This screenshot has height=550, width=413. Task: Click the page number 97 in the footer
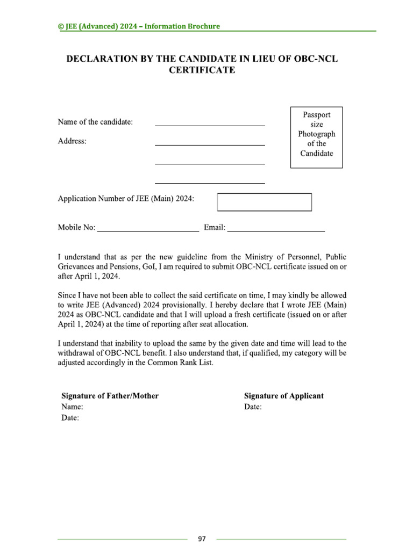coord(202,539)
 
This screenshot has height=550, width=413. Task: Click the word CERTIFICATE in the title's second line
coord(202,70)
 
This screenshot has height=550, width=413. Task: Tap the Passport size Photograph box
coord(316,137)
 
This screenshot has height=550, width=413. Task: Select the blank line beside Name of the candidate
coord(210,124)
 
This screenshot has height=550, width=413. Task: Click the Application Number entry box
coord(264,202)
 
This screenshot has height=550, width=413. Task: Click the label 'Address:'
coord(72,141)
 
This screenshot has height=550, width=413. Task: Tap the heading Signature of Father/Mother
coord(110,396)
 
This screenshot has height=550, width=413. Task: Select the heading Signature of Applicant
coord(284,396)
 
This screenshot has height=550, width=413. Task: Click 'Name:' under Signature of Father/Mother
coord(72,407)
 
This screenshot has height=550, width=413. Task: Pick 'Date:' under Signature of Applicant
coord(253,407)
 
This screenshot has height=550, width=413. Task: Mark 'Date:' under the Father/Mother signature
coord(70,418)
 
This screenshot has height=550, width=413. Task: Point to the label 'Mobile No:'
coord(76,228)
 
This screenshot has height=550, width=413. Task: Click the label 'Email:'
coord(214,228)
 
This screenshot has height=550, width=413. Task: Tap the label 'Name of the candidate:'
coord(95,122)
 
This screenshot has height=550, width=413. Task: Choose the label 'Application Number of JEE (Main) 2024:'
coord(126,199)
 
